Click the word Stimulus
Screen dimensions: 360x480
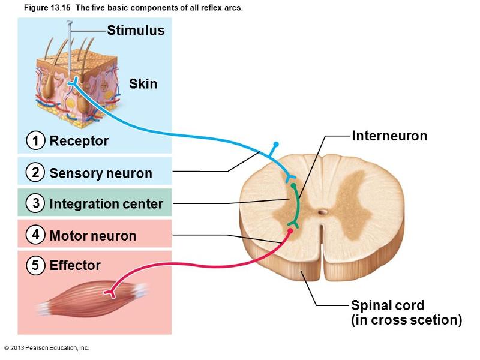click(136, 31)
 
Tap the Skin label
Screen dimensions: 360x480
click(143, 84)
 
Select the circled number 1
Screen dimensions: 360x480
click(36, 141)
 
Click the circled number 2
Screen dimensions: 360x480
click(36, 172)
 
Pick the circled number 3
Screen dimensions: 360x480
click(36, 203)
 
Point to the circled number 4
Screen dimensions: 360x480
click(36, 235)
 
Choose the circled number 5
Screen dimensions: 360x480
click(36, 265)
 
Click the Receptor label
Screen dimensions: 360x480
click(79, 141)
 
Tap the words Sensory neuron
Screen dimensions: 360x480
click(101, 174)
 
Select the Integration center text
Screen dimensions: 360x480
click(106, 204)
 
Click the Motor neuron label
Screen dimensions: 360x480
click(93, 236)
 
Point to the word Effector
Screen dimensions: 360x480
click(75, 265)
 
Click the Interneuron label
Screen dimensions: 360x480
click(389, 136)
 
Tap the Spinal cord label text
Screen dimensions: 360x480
click(388, 305)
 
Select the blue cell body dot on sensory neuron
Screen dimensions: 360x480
click(276, 145)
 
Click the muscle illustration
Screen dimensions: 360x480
click(90, 296)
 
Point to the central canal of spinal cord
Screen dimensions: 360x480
click(323, 212)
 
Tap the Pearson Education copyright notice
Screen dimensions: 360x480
click(46, 348)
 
